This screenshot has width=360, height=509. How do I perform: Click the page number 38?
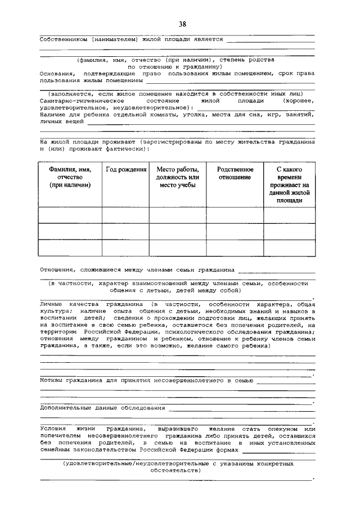182,24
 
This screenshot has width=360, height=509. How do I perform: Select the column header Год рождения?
125,170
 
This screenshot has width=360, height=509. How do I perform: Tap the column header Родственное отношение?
235,173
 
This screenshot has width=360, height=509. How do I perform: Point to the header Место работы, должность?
177,177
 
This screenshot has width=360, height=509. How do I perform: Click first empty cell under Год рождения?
125,215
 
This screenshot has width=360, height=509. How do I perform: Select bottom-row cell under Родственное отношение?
235,248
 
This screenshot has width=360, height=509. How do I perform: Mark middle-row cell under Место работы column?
177,232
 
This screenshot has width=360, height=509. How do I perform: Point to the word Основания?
57,73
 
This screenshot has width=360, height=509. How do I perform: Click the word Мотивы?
52,381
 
